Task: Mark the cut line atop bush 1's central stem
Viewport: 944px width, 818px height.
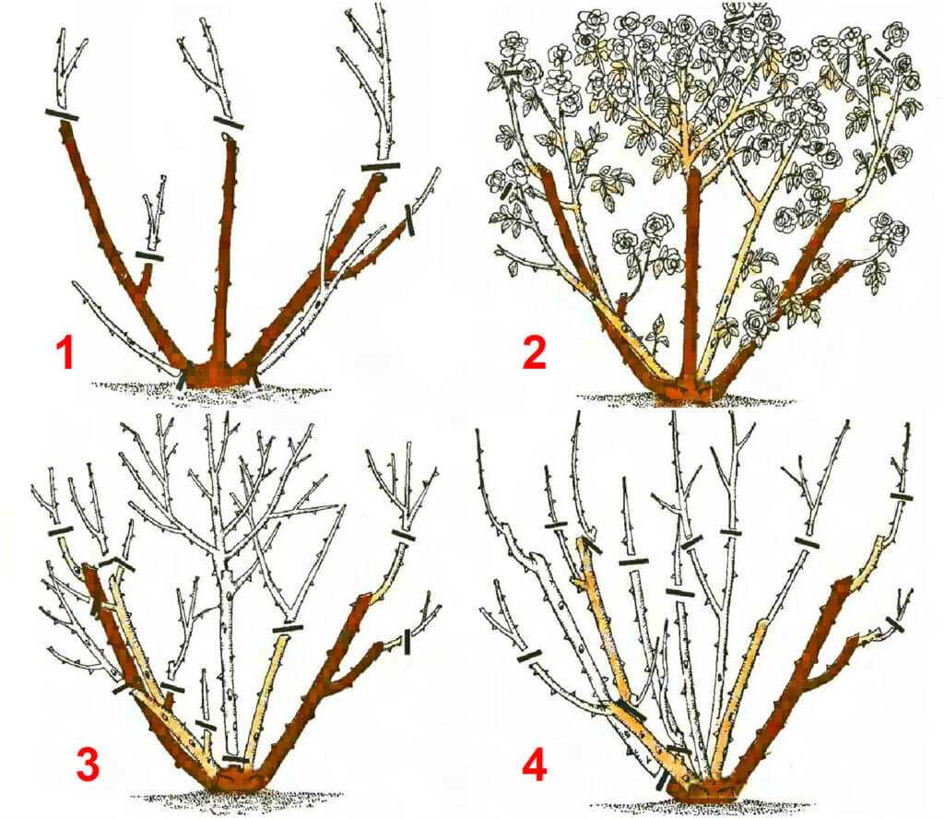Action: (229, 123)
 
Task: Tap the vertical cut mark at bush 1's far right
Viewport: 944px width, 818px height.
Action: (410, 219)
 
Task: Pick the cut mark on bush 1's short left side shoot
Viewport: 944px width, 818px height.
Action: (149, 256)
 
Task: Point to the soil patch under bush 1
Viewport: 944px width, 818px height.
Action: (211, 388)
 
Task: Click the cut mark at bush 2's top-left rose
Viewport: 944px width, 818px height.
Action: (512, 72)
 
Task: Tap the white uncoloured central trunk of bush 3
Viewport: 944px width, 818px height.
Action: (228, 662)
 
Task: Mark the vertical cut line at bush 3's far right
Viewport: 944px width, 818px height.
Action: (407, 642)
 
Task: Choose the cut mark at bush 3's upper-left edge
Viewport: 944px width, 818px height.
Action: (60, 531)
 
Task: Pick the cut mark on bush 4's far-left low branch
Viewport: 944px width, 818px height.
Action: (530, 655)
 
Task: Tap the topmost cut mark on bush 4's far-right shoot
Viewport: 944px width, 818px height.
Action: (902, 496)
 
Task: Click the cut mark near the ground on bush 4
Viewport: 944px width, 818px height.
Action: (662, 782)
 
